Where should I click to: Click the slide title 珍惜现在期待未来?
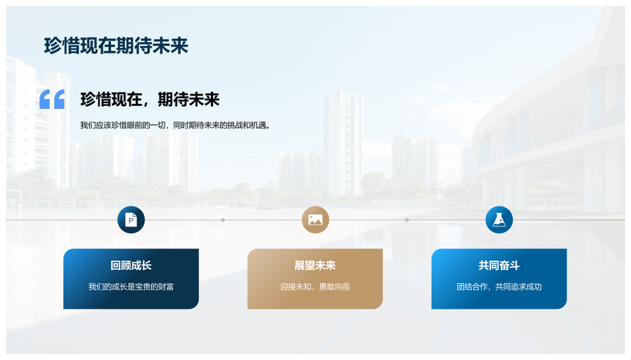click(x=116, y=46)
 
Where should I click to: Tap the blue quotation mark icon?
click(x=52, y=99)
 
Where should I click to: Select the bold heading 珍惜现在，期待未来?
click(x=150, y=99)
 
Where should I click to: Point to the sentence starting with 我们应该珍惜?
click(x=175, y=125)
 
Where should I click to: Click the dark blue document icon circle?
click(x=131, y=219)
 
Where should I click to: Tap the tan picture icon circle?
click(x=315, y=219)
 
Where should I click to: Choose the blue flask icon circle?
click(x=499, y=219)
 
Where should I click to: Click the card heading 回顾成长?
click(x=131, y=265)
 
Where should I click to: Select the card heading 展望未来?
click(x=315, y=265)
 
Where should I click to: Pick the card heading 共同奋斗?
click(x=499, y=265)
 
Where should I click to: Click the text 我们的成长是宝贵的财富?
click(x=131, y=287)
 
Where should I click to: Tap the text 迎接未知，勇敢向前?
click(x=315, y=287)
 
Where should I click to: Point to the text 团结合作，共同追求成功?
click(x=499, y=287)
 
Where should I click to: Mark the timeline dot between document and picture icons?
click(x=223, y=220)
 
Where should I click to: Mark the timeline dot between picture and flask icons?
click(x=407, y=220)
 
